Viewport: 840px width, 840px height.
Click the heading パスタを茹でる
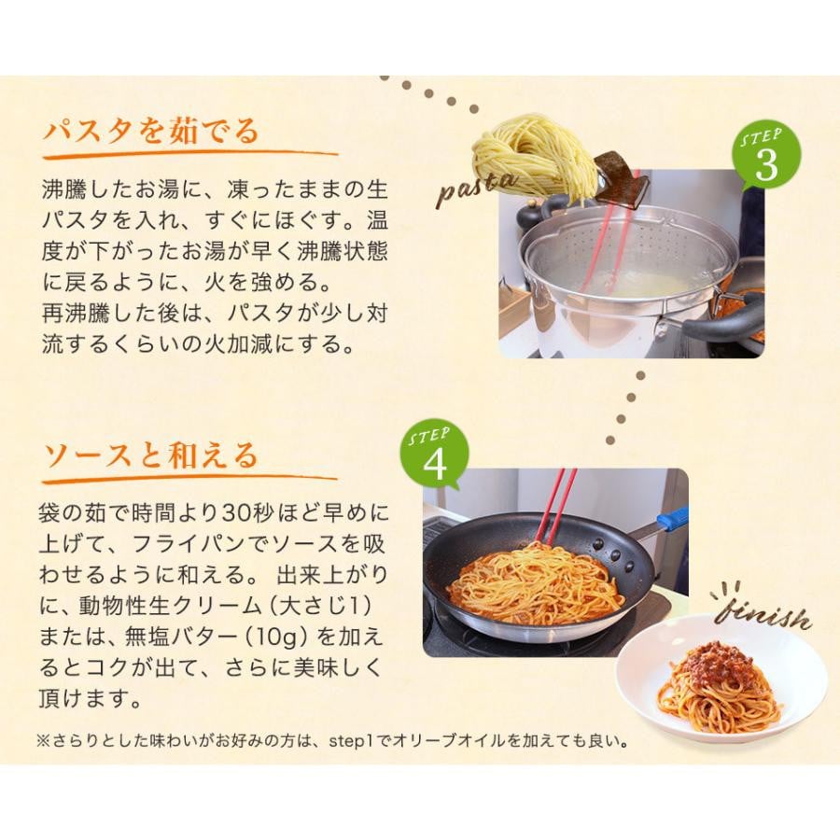click(151, 132)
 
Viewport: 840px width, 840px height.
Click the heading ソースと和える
click(150, 456)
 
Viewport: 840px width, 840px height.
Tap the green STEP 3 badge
click(766, 155)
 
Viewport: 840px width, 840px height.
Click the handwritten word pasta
click(477, 188)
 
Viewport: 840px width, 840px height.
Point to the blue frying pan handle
click(672, 520)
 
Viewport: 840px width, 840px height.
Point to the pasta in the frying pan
click(535, 584)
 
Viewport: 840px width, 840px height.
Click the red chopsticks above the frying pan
click(557, 506)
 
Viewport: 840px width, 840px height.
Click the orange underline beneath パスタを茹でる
click(190, 156)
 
